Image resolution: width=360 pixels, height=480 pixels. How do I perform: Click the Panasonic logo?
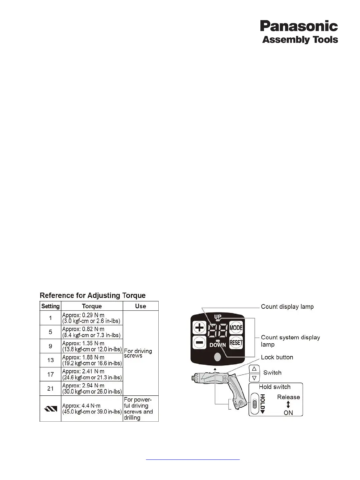299,26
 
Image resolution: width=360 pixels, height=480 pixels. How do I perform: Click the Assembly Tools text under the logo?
300,40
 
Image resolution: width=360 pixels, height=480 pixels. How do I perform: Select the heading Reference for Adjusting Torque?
93,295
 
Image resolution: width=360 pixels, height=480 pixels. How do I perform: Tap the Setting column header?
50,306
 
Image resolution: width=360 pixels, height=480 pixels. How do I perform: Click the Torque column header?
92,306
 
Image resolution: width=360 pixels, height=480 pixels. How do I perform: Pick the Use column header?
140,306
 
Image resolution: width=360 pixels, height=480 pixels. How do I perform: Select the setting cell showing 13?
50,360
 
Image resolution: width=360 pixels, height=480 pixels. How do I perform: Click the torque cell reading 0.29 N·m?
92,318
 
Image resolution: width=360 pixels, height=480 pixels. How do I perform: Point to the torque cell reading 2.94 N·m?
92,388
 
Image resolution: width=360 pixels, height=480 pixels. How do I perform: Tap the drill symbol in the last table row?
50,408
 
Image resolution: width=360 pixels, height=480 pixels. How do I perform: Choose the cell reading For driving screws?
138,353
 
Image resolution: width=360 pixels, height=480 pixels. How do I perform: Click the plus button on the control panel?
199,328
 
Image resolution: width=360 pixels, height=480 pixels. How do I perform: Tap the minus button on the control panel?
199,342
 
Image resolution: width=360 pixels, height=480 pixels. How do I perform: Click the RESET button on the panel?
236,342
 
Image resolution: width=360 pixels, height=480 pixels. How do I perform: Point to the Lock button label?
277,357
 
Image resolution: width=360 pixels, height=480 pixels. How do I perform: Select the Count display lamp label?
287,307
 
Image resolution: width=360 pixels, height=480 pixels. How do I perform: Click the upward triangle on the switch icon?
254,369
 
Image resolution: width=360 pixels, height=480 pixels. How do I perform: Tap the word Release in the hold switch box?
288,397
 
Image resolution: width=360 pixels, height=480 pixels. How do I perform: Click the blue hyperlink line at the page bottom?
193,460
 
